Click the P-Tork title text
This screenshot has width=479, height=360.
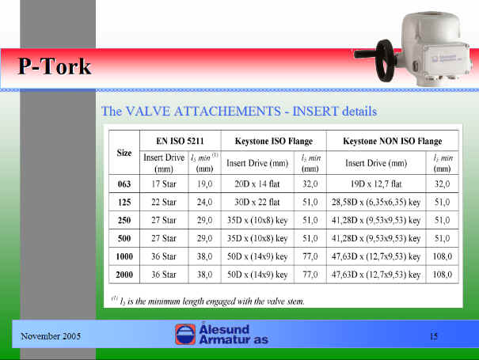point(55,66)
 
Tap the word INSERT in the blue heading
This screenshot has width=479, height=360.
point(316,111)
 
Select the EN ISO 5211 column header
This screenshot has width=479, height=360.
point(180,141)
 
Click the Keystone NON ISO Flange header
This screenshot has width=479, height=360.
point(392,141)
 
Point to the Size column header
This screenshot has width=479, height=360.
point(124,153)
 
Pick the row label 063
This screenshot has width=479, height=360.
point(124,184)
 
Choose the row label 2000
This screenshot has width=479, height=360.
point(124,275)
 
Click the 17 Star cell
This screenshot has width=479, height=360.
point(164,184)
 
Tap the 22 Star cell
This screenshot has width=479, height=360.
point(164,202)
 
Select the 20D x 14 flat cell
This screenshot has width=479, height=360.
point(257,184)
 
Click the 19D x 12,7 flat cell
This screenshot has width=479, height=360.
point(376,184)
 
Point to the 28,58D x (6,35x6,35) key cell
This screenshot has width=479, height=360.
point(376,202)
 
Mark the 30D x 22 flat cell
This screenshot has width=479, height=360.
point(257,202)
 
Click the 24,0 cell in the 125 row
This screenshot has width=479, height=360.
point(204,202)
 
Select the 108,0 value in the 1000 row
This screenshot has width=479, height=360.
point(443,256)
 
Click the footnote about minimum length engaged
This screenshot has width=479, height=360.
point(208,301)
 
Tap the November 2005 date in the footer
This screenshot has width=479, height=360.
point(51,336)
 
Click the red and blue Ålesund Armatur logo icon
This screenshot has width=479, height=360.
point(185,335)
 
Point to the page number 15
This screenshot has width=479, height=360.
point(434,336)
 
